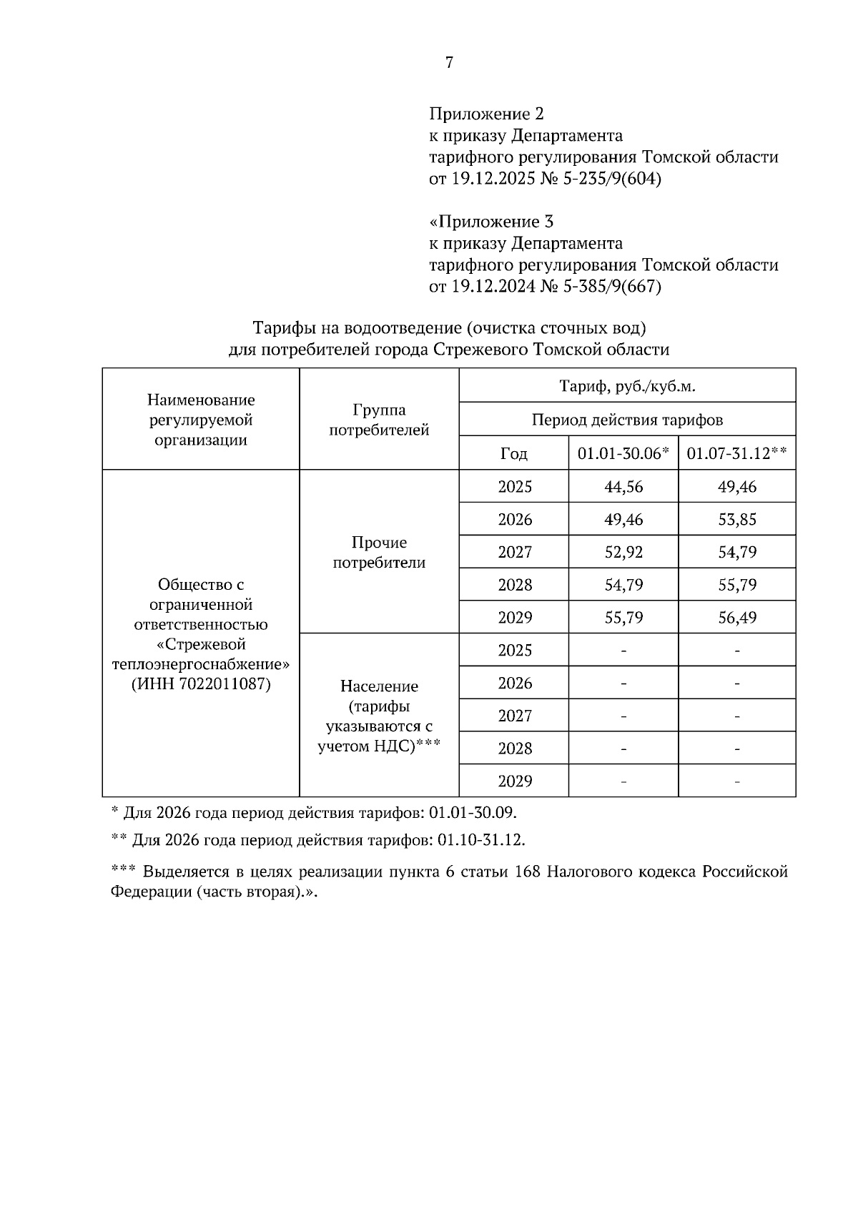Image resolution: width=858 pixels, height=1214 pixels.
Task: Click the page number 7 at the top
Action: tap(449, 63)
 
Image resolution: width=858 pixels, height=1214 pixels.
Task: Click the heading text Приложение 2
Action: tap(486, 114)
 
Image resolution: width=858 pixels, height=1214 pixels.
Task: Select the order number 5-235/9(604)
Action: tap(613, 179)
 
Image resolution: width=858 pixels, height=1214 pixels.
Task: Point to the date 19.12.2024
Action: tap(493, 287)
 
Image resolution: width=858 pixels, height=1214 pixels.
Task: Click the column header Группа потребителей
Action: tap(379, 420)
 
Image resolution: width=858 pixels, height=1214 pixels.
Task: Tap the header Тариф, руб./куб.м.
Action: tap(627, 387)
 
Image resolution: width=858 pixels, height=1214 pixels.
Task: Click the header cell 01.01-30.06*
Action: tap(623, 453)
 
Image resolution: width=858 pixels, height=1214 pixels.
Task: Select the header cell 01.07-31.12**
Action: tap(736, 453)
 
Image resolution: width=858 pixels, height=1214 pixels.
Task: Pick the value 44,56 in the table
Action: tap(623, 487)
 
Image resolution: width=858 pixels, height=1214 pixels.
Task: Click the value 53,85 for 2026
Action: tap(737, 520)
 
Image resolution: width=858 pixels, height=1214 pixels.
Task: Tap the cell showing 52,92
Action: tap(623, 552)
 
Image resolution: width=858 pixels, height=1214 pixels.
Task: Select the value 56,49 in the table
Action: tap(737, 618)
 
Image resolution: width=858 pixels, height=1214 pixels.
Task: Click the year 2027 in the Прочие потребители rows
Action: tap(515, 552)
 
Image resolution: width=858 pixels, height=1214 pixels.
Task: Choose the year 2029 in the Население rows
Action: tap(515, 781)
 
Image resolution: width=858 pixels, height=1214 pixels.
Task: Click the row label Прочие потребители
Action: tap(379, 553)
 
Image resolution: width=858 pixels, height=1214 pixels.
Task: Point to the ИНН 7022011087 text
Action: tap(201, 684)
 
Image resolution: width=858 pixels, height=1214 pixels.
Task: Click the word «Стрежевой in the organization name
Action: tap(201, 644)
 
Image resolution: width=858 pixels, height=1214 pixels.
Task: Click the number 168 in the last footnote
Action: tap(528, 872)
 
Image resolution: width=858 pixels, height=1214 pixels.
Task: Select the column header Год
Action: tap(514, 453)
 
